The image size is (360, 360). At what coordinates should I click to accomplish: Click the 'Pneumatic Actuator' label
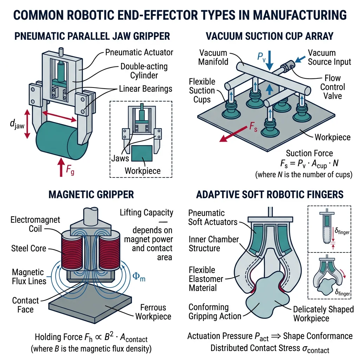click(x=139, y=52)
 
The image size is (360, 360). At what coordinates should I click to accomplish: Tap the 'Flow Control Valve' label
click(x=333, y=86)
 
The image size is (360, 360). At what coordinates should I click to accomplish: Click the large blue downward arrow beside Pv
click(x=269, y=61)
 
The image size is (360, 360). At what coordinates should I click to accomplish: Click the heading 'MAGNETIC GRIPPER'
click(x=92, y=194)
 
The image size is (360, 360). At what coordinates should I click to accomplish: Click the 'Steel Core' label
click(x=28, y=249)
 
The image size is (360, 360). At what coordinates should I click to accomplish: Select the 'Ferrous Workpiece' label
click(x=153, y=311)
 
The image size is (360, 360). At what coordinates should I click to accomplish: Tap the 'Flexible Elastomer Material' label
click(x=206, y=279)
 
